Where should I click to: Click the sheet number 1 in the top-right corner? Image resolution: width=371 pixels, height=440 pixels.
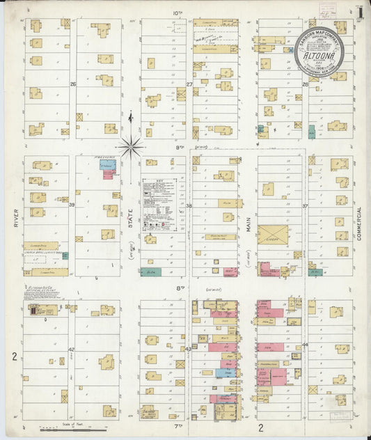coord(358,13)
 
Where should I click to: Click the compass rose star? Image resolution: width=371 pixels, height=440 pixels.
coord(130,146)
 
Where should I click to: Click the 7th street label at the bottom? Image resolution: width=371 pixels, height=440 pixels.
coord(178,425)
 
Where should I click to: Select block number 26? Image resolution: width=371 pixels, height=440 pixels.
coord(72,84)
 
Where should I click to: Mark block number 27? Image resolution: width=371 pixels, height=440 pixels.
coord(189,84)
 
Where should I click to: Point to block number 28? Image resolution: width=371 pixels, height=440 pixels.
coord(305,84)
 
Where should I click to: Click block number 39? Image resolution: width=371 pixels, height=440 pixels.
coord(72,205)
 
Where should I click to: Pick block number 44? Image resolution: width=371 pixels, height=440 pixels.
coord(305,345)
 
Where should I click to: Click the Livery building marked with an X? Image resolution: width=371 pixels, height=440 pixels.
coord(273,235)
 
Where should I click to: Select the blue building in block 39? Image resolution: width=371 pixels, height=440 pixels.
coord(106,167)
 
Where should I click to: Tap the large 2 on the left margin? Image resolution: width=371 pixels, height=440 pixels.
coord(14,356)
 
